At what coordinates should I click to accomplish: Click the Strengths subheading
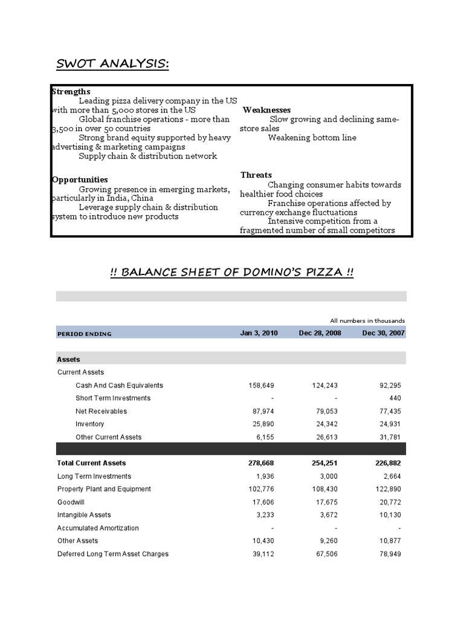point(71,91)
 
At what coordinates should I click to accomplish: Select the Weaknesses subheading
point(266,110)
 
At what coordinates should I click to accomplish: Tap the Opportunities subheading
point(80,180)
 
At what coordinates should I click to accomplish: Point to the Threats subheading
point(256,175)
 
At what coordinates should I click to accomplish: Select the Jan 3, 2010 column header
point(259,333)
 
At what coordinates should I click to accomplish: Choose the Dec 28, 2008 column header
point(320,333)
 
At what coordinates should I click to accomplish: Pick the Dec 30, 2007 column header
point(384,333)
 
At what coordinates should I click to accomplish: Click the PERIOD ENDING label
point(84,334)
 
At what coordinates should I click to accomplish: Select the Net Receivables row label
point(101,411)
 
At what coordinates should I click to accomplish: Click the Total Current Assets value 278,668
point(261,463)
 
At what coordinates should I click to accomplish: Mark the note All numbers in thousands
point(367,320)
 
